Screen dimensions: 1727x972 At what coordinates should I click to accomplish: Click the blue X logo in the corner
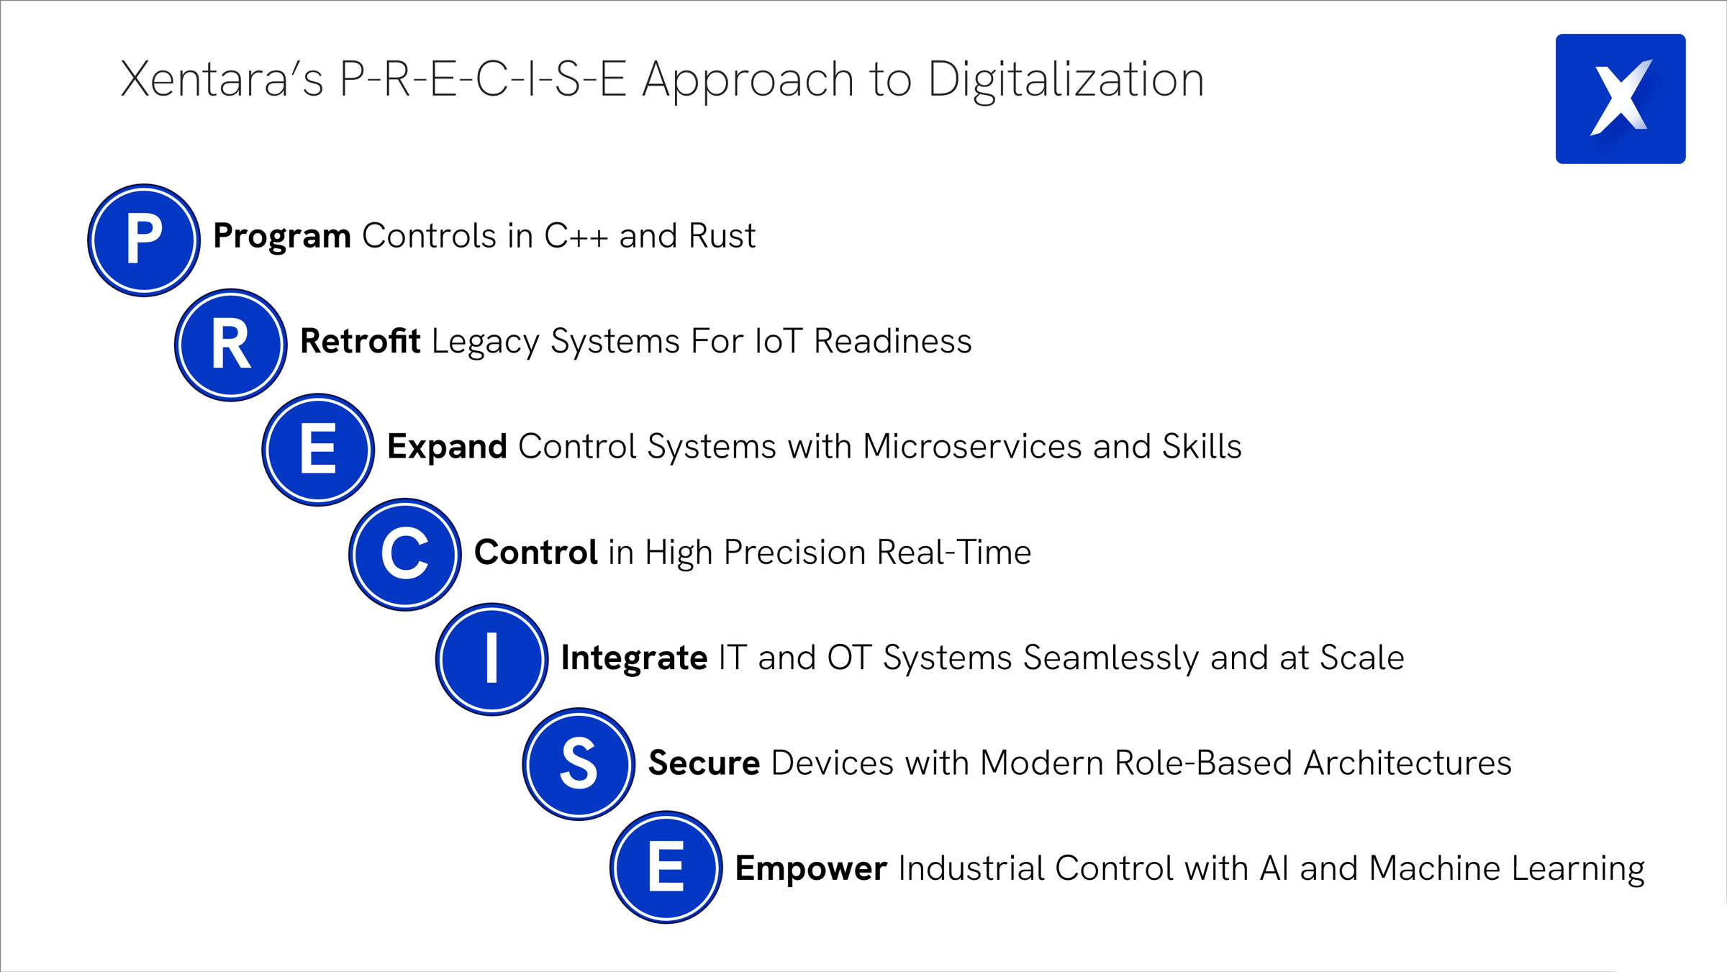point(1621,99)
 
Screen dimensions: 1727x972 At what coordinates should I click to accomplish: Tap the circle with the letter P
point(144,240)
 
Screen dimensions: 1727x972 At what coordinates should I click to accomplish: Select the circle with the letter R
point(231,345)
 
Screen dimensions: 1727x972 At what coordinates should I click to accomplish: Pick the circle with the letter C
point(405,555)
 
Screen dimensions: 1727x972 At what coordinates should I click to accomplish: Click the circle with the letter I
point(492,659)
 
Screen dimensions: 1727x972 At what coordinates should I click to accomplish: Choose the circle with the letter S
point(579,764)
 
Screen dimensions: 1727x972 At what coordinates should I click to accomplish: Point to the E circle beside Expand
point(318,450)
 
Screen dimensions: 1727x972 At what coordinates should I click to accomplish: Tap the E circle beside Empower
point(666,868)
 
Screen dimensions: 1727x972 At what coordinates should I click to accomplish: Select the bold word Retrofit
point(360,341)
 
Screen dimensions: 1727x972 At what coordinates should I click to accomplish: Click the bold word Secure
point(704,763)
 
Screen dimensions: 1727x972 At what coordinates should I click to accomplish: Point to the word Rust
point(722,236)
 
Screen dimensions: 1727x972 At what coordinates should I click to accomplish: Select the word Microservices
point(972,446)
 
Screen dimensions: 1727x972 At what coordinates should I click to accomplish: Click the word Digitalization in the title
point(1066,81)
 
